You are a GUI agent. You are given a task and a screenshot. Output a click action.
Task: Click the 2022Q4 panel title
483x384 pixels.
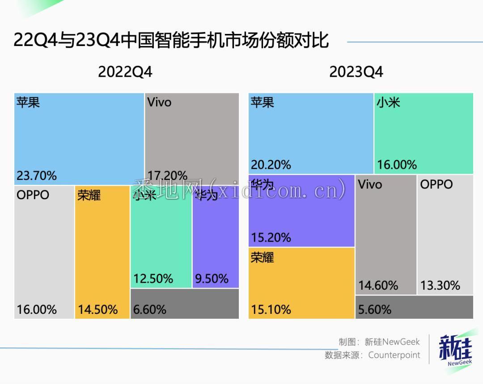click(125, 72)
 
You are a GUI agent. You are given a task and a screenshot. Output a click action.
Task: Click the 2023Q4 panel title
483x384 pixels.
click(356, 72)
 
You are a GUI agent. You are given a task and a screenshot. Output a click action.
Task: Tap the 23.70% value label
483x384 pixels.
click(37, 175)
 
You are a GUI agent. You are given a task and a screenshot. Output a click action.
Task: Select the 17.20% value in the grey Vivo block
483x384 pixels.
click(167, 175)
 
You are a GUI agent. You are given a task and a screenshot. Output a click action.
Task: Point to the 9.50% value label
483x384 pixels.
click(212, 279)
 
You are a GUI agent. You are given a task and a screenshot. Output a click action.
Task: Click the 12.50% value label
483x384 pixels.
click(153, 279)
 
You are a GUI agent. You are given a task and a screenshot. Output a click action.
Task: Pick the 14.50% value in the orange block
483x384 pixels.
click(97, 309)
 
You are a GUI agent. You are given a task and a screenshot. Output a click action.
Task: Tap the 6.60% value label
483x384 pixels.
click(150, 309)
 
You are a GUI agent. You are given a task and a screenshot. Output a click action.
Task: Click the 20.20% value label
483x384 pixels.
click(271, 165)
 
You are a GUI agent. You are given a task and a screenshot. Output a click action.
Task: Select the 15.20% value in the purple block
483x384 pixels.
click(271, 237)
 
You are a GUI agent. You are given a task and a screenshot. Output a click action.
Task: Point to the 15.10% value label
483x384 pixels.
click(271, 309)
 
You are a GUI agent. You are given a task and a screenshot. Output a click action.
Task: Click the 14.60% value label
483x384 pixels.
click(378, 285)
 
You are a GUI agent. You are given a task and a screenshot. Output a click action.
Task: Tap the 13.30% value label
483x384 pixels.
click(440, 285)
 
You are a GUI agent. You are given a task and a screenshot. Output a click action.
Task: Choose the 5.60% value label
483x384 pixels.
click(375, 309)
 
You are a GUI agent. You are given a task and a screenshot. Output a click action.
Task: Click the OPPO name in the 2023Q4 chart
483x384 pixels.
click(436, 184)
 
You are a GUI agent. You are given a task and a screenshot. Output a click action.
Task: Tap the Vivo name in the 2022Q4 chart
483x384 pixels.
click(159, 102)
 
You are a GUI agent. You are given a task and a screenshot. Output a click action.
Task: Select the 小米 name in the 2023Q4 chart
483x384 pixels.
click(388, 103)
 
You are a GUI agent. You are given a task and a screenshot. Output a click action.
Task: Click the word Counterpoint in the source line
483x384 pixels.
click(394, 355)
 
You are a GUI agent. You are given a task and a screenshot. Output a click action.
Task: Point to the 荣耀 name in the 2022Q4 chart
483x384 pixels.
click(89, 196)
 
